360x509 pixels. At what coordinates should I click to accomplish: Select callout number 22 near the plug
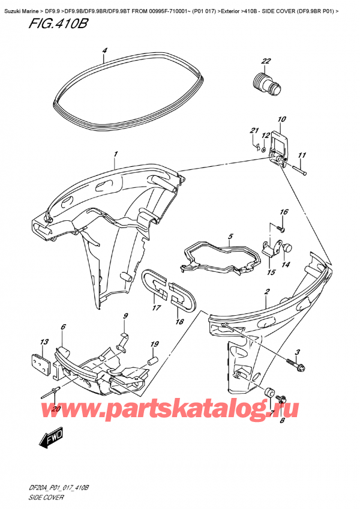point(266,61)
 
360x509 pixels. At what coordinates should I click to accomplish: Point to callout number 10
point(282,119)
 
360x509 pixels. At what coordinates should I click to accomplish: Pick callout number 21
point(254,131)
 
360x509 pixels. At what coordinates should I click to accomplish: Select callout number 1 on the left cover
point(115,155)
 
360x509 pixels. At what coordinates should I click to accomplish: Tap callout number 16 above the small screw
point(284,212)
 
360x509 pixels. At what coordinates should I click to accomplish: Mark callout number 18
point(178,322)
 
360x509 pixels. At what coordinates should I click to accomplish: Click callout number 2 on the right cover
point(266,292)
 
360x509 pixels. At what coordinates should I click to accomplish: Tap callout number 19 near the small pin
point(155,345)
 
